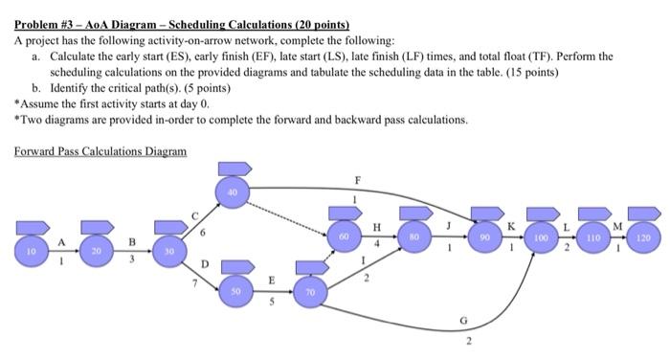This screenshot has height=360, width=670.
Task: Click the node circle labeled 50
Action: click(x=234, y=288)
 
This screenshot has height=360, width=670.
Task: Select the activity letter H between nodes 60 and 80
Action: click(x=377, y=226)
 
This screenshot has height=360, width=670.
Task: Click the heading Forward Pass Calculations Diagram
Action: click(x=100, y=151)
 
